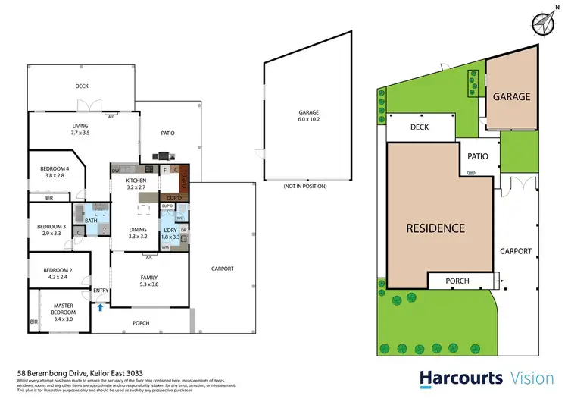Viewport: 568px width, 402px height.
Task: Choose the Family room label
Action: pos(148,281)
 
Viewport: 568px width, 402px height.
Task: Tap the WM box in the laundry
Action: pos(165,247)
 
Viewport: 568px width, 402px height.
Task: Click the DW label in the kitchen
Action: pos(115,171)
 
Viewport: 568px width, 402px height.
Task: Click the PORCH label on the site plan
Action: pos(457,281)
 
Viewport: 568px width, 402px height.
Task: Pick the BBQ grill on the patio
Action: pos(160,157)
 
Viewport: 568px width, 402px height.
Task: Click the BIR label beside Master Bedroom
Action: pos(33,322)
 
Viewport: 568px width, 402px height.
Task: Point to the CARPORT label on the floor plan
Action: pos(222,269)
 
